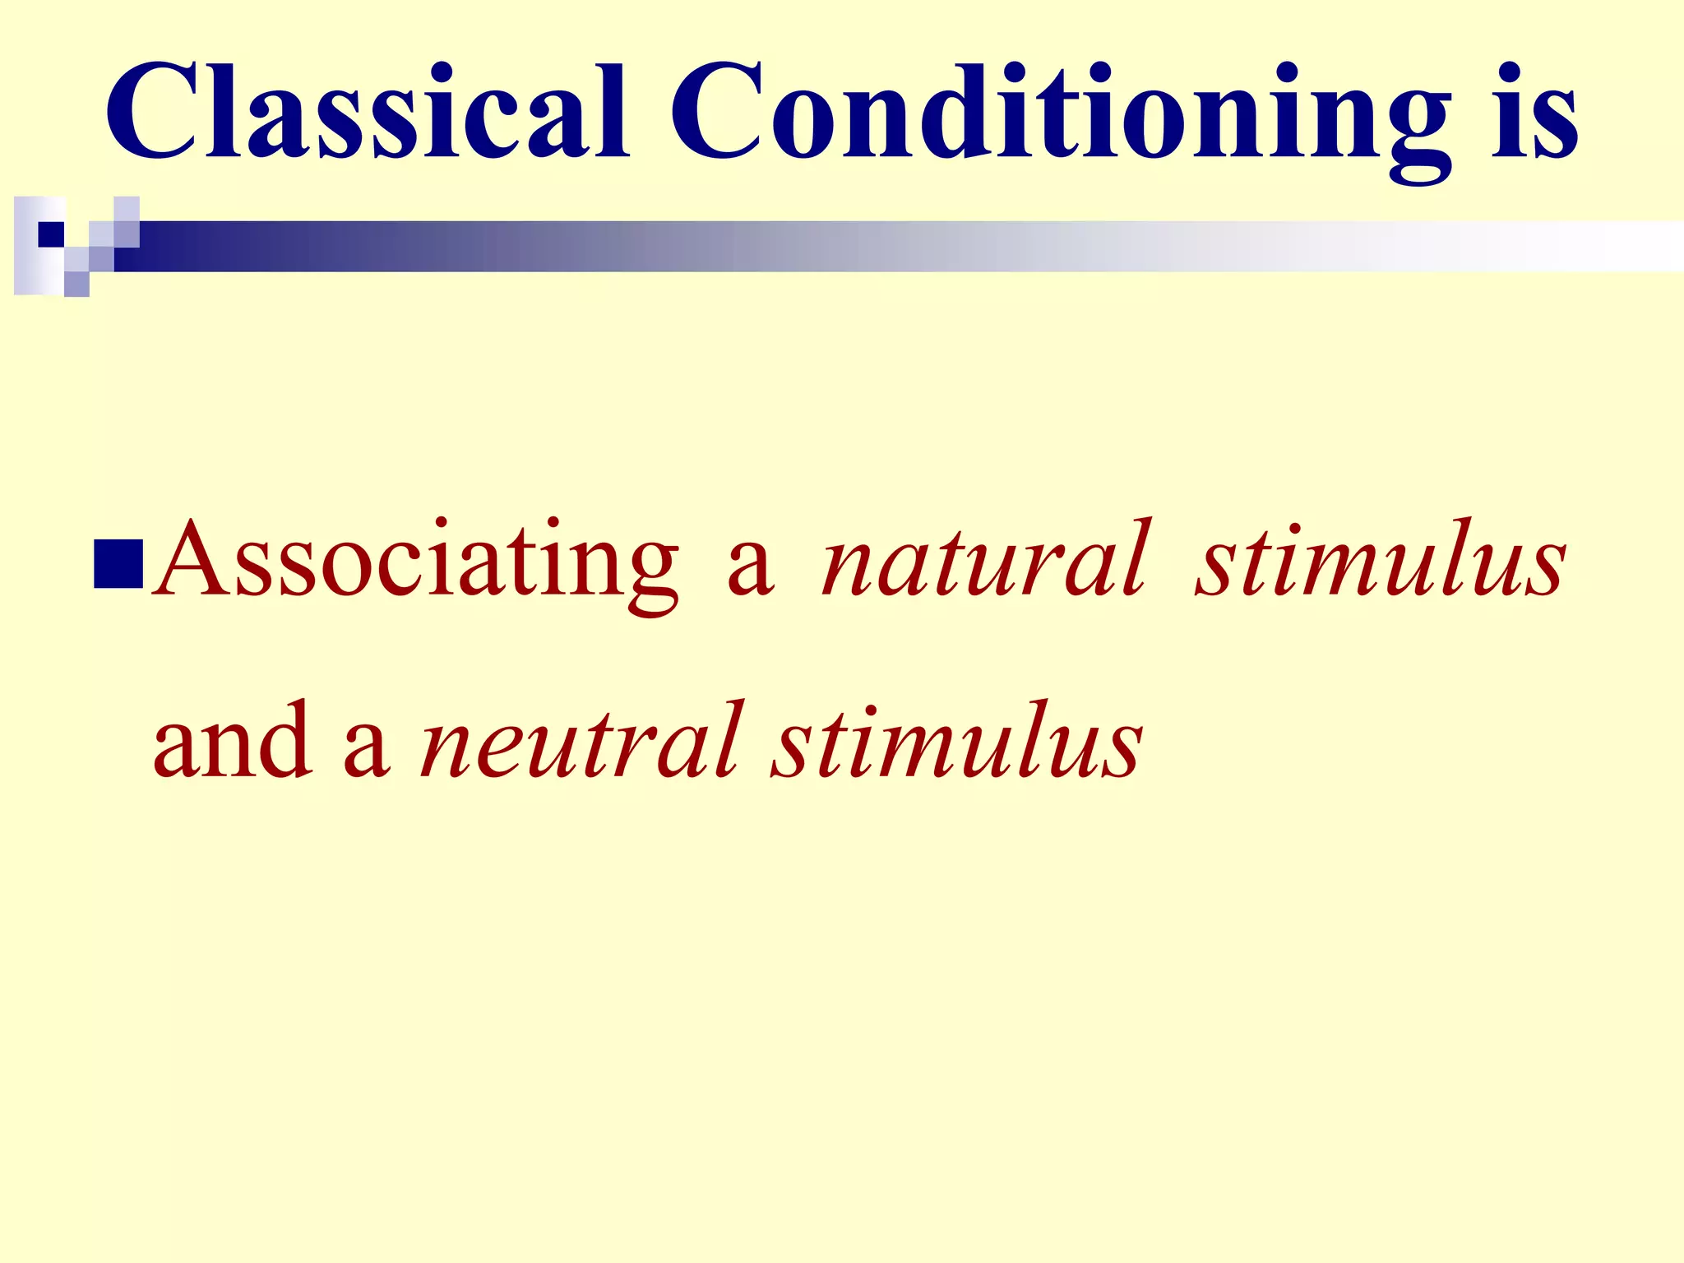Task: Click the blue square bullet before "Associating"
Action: [x=119, y=565]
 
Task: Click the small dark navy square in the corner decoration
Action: [x=51, y=234]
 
